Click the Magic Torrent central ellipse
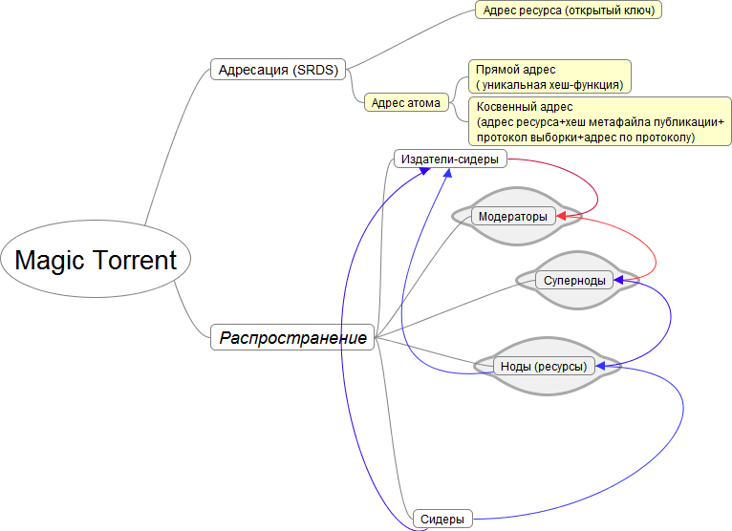click(x=96, y=259)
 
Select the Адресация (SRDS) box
click(x=278, y=70)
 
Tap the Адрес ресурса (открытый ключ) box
click(x=569, y=10)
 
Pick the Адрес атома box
click(x=406, y=102)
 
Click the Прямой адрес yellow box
click(x=549, y=76)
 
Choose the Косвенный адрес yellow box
click(x=600, y=121)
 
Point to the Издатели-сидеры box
click(x=450, y=159)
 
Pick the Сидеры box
click(x=442, y=519)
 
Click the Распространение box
click(x=292, y=337)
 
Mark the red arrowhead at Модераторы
click(x=562, y=216)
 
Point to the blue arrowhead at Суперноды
click(x=619, y=280)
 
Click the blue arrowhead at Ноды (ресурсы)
click(x=601, y=367)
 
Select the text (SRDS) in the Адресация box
click(x=315, y=70)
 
